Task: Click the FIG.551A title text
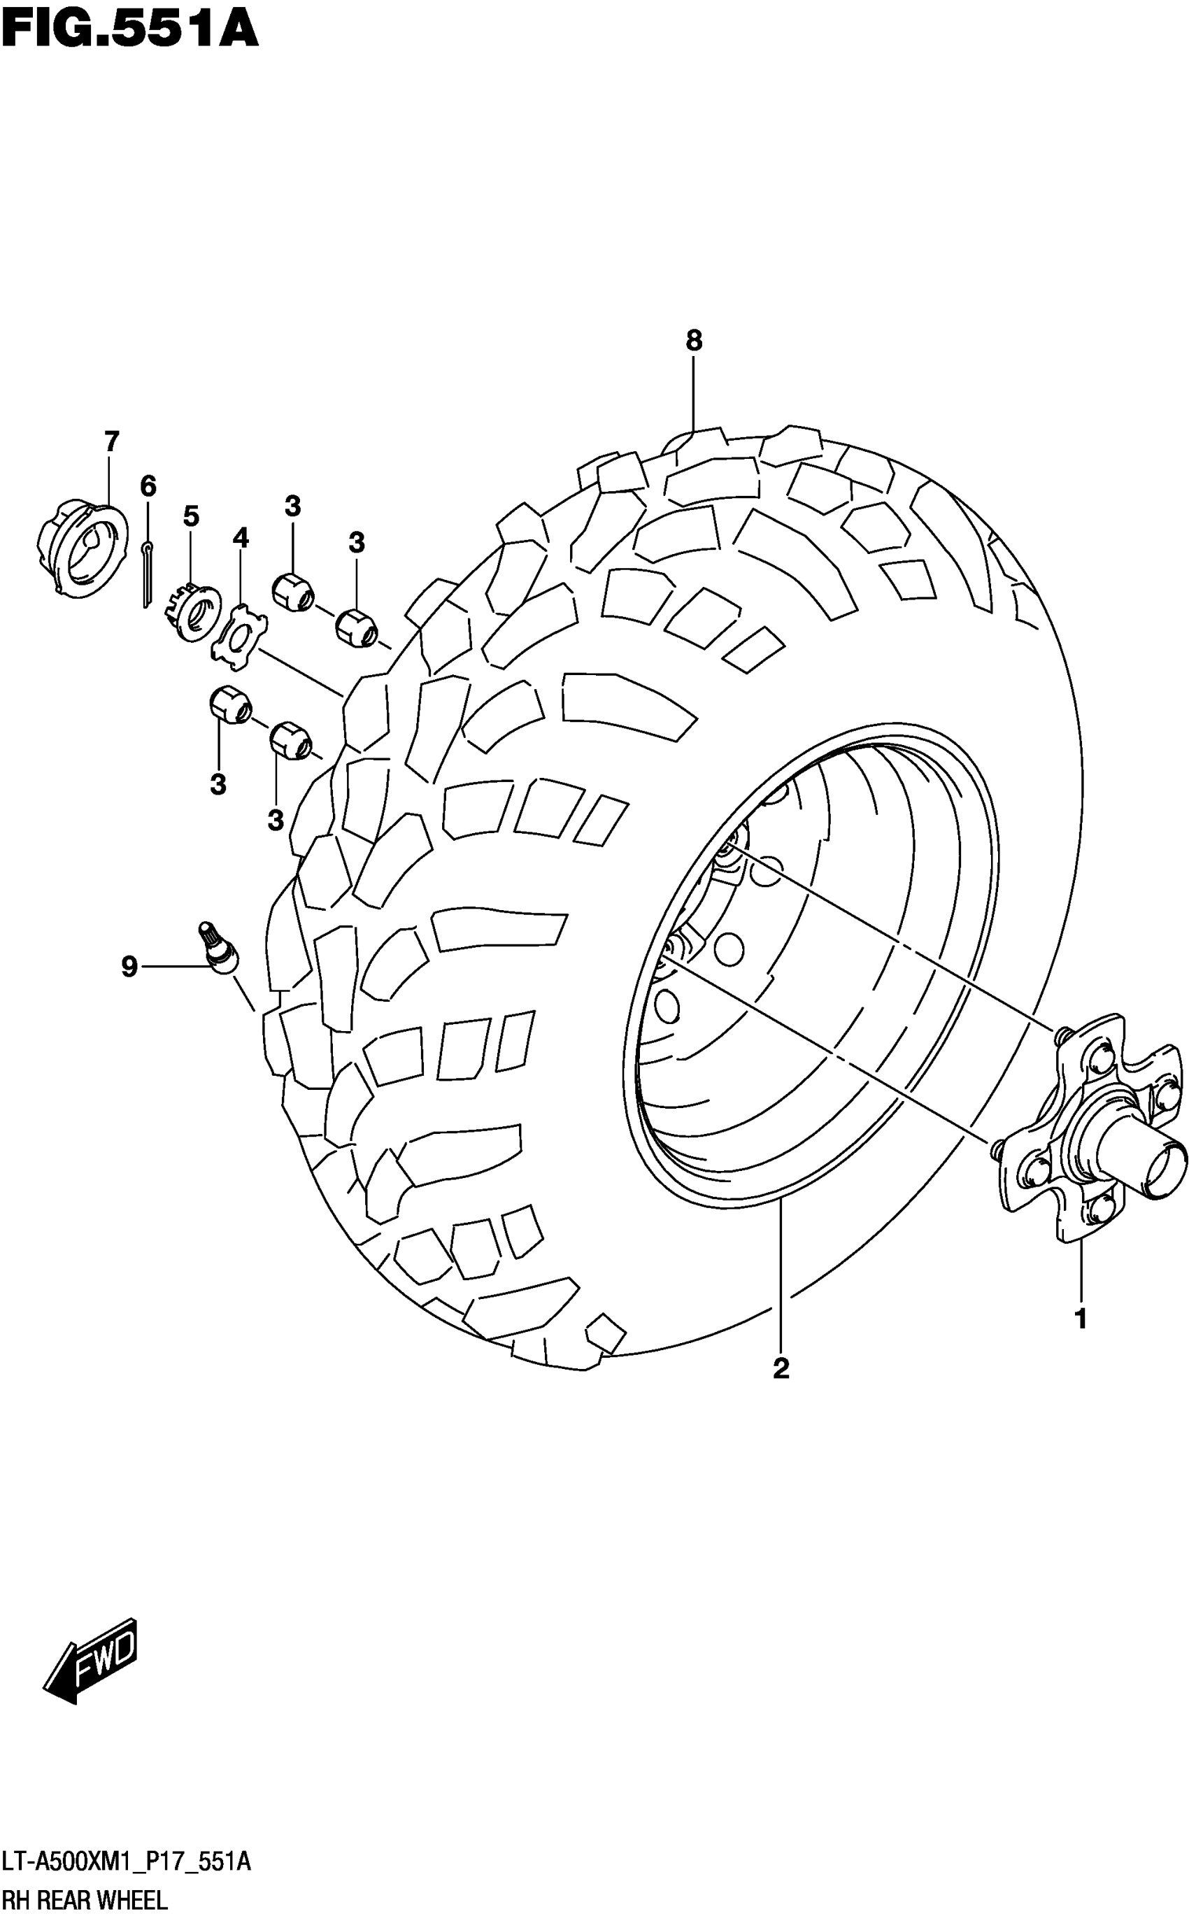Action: coord(130,29)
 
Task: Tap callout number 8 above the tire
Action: coord(693,341)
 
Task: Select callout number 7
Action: coord(111,442)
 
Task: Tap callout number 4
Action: coord(241,539)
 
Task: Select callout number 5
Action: coord(191,517)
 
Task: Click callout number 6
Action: coord(148,486)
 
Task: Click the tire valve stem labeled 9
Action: coord(217,949)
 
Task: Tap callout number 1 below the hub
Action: coord(1081,1319)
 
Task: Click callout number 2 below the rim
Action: coord(780,1368)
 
